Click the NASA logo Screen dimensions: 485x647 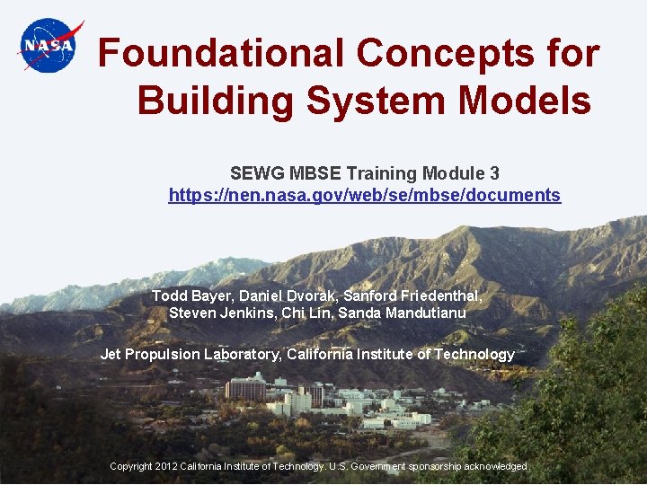coord(49,45)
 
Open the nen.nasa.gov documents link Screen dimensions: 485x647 coord(364,195)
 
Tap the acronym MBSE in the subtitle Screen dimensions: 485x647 coord(315,173)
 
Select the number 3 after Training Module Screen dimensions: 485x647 coord(494,173)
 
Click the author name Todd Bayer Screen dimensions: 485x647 coord(184,295)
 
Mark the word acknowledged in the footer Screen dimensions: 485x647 coord(493,466)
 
